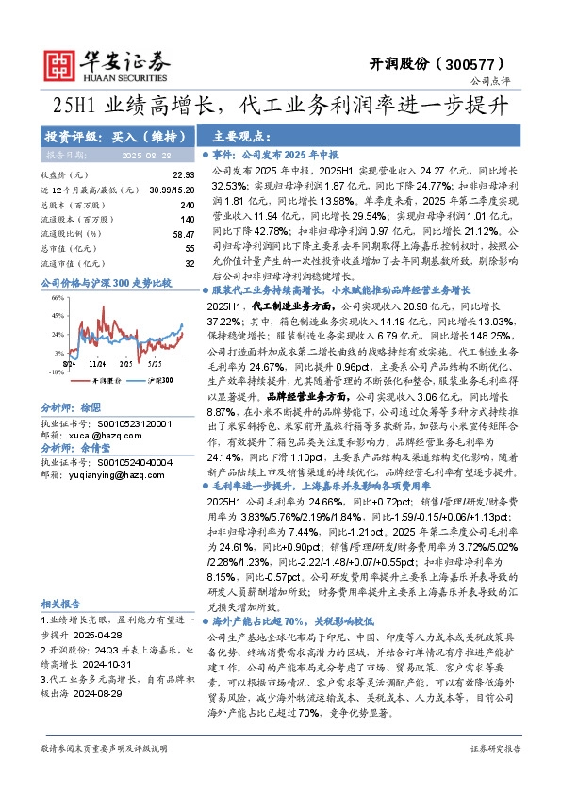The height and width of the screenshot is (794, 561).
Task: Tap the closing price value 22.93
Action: click(183, 175)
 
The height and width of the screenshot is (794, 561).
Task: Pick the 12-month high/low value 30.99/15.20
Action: click(171, 190)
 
